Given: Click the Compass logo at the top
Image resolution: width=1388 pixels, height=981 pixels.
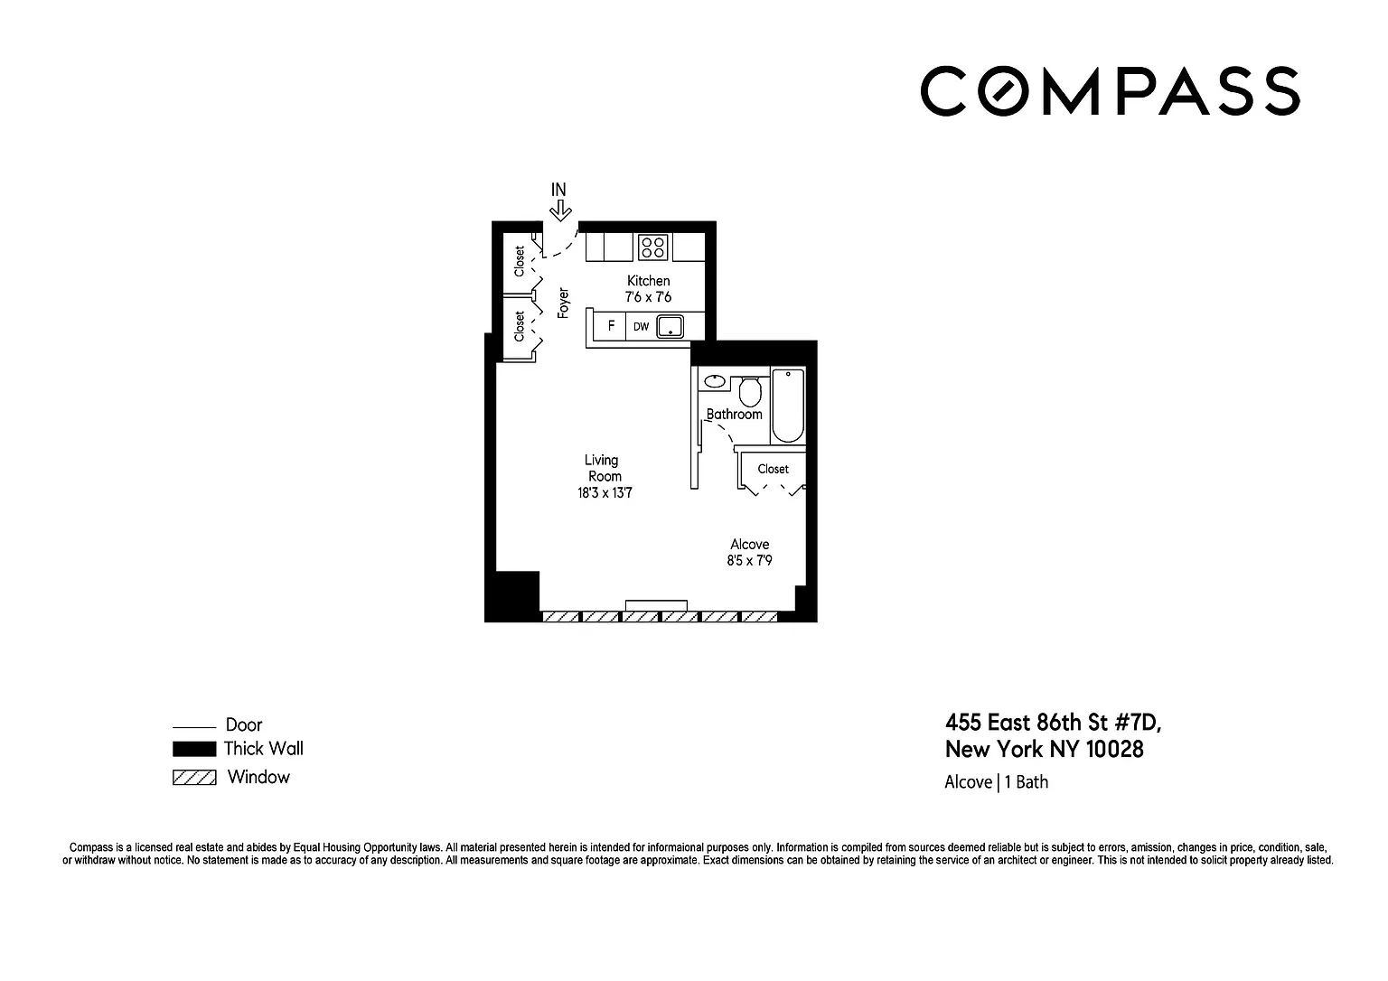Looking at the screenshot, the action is [x=1110, y=91].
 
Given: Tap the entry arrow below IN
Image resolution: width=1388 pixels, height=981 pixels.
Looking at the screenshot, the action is [x=560, y=210].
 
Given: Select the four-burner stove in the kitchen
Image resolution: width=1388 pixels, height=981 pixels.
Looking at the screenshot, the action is [x=653, y=248].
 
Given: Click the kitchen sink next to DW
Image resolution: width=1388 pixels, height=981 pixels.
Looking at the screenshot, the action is [x=670, y=326].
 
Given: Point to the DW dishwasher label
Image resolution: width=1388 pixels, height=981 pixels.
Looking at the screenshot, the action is [x=641, y=326].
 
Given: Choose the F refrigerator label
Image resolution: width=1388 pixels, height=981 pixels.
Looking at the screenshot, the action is [x=611, y=326].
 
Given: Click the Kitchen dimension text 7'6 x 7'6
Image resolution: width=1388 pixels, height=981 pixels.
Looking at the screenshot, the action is [x=648, y=297].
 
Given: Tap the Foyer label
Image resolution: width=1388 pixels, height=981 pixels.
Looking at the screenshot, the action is [x=563, y=303].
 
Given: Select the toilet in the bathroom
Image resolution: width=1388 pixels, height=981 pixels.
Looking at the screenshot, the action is [x=750, y=391].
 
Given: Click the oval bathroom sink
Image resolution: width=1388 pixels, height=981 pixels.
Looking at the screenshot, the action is [x=715, y=381].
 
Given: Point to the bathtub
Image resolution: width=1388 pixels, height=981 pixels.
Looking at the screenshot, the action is [x=788, y=406].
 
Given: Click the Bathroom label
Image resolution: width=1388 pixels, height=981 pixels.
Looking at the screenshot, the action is [x=735, y=415].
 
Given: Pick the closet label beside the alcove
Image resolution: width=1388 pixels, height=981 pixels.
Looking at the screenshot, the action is [x=773, y=470].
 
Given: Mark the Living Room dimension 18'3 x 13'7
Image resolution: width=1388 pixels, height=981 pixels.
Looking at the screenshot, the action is [x=605, y=493].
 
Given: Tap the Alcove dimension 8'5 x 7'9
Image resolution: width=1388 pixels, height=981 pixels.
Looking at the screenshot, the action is [x=749, y=561].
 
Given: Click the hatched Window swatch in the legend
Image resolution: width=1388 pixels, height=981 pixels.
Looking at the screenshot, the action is [x=194, y=777].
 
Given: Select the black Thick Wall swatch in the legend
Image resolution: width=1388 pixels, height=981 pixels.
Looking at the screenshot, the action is [x=194, y=749].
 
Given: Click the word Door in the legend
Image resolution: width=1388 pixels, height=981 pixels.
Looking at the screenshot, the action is [x=243, y=724].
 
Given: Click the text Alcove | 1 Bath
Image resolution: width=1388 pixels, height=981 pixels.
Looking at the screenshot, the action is [x=997, y=782].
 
